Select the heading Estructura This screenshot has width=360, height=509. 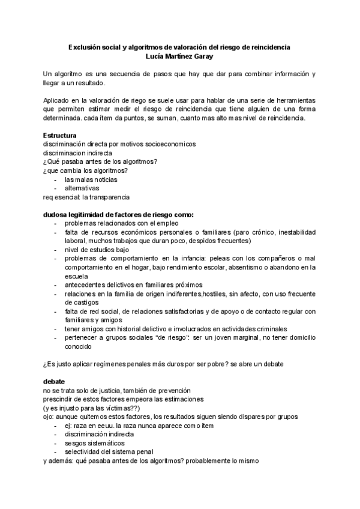coord(59,136)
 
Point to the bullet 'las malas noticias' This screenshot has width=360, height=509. coord(91,179)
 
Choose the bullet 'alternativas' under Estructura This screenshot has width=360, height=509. coord(82,188)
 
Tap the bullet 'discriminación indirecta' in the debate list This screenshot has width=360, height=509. coord(99,433)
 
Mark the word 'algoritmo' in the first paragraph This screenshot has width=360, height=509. coord(74,74)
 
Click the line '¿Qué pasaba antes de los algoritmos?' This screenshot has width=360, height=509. coord(96,162)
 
